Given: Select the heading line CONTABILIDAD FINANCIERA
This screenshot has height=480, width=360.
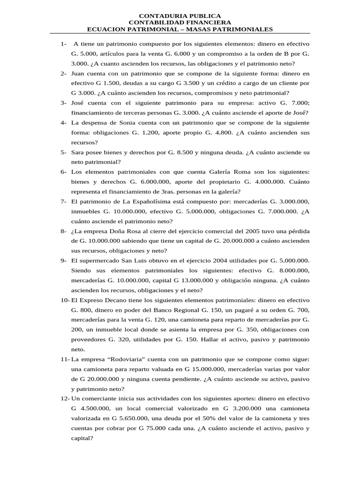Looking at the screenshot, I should (180, 23).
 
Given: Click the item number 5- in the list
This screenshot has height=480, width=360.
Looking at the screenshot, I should (63, 152).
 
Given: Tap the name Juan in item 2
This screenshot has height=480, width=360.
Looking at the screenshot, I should (79, 74).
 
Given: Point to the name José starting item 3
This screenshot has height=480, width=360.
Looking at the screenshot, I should (79, 103).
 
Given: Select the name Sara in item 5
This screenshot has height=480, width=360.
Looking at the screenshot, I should (78, 152).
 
